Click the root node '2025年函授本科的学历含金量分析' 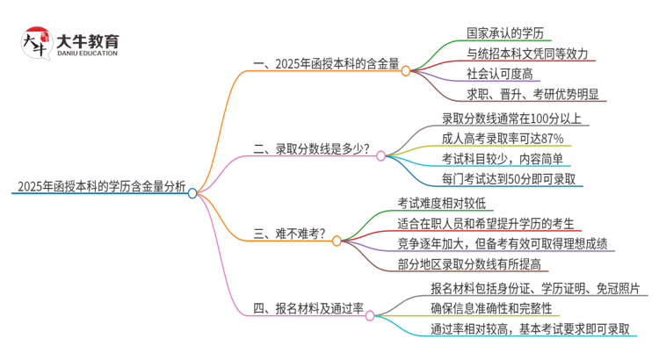[102, 186]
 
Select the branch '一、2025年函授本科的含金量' [326, 63]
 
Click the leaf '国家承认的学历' [506, 33]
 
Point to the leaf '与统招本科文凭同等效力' [519, 54]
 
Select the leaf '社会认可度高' [499, 74]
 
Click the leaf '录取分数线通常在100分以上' [510, 117]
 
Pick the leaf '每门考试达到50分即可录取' [509, 179]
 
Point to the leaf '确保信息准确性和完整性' [491, 307]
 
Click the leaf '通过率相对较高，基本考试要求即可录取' [531, 328]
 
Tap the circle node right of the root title [192, 192]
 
